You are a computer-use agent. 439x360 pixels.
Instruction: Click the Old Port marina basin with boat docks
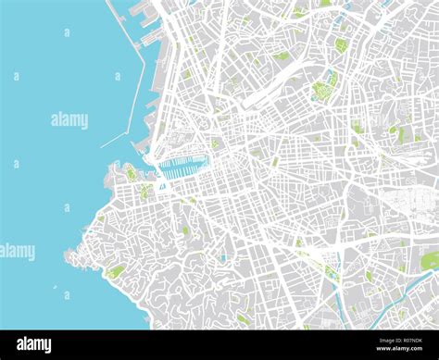[x=181, y=168]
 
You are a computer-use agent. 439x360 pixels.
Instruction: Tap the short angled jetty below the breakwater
[x=114, y=140]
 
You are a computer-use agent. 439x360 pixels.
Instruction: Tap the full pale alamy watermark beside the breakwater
[x=69, y=119]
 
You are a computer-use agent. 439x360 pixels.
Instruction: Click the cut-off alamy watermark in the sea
[x=17, y=251]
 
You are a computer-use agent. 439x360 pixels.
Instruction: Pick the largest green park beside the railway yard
[x=323, y=89]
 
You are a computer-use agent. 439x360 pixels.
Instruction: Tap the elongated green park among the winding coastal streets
[x=116, y=271]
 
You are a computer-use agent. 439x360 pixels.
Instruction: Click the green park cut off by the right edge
[x=431, y=261]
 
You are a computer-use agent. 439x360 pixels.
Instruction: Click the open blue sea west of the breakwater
[x=56, y=56]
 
